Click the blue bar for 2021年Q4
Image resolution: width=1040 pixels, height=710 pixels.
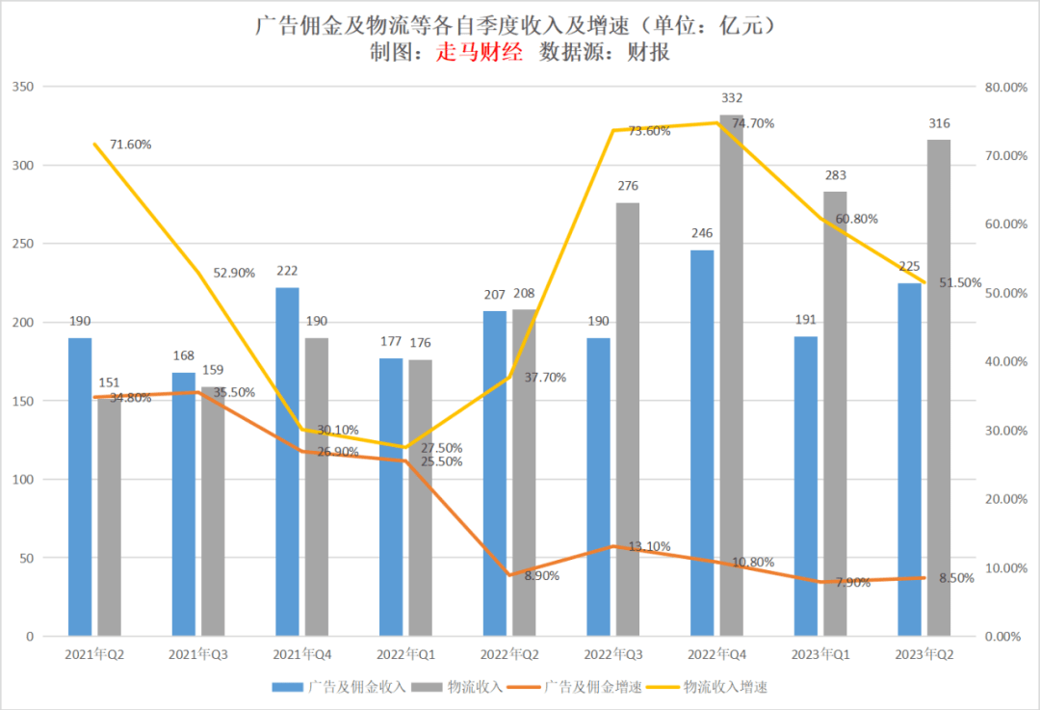click(287, 461)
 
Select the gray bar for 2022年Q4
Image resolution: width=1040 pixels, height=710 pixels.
click(732, 376)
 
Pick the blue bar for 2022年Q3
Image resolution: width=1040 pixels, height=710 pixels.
click(598, 486)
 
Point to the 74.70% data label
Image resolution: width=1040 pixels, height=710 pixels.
click(753, 123)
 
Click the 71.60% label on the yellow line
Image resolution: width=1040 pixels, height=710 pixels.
click(130, 145)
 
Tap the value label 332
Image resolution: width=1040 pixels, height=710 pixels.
click(732, 98)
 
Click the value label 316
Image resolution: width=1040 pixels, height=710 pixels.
click(939, 123)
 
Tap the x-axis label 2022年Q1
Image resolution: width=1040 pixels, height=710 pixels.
click(405, 654)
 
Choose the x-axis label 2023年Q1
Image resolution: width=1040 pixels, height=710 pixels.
click(820, 654)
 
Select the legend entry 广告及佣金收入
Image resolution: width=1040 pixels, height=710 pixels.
click(351, 687)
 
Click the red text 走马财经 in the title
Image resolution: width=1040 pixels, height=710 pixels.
click(480, 53)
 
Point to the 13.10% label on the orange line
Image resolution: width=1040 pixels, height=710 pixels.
click(649, 546)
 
